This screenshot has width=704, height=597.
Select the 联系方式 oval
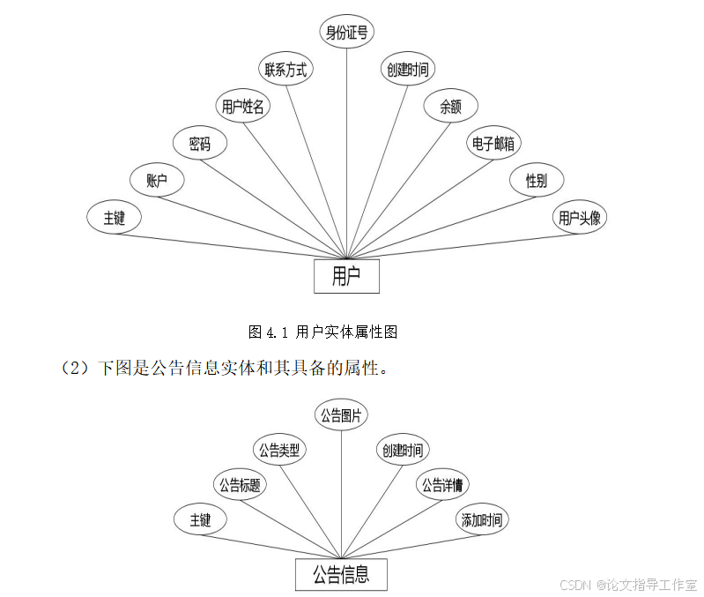285,70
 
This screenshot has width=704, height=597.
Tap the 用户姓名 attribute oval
242,107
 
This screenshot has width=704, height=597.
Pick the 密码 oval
199,144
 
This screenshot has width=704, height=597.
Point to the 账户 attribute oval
157,181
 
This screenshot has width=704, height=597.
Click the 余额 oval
450,107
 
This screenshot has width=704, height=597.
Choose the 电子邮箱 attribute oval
493,144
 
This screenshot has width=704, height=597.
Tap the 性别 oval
536,181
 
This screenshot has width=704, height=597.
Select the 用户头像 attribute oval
580,218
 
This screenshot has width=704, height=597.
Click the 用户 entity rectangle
346,276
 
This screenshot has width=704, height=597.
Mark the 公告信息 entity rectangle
340,576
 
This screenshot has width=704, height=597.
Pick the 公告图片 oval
341,414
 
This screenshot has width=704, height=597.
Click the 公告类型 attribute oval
278,450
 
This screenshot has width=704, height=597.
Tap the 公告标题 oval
239,484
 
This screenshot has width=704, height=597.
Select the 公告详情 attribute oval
442,484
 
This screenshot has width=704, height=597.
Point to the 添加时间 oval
483,520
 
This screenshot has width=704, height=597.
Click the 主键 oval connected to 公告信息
200,520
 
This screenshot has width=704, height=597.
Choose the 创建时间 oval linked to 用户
408,70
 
